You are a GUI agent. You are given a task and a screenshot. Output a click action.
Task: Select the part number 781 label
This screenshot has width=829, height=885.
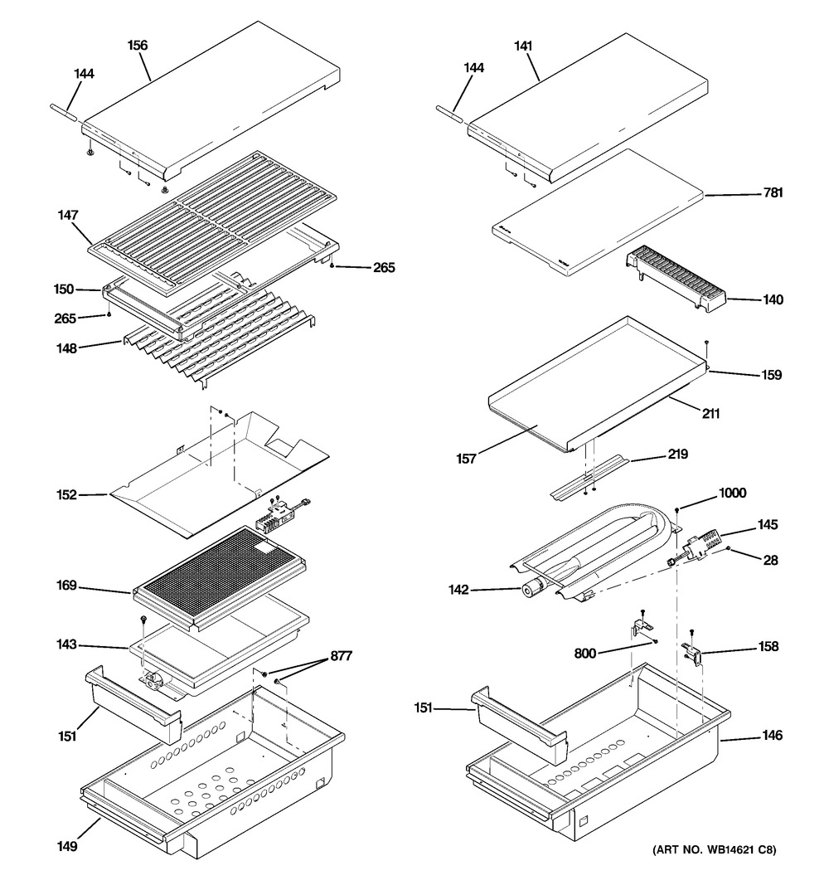(x=773, y=192)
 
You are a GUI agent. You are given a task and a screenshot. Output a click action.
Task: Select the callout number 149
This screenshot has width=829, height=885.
(x=67, y=847)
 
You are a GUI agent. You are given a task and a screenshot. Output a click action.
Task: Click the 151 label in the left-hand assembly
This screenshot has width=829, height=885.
(x=67, y=736)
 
